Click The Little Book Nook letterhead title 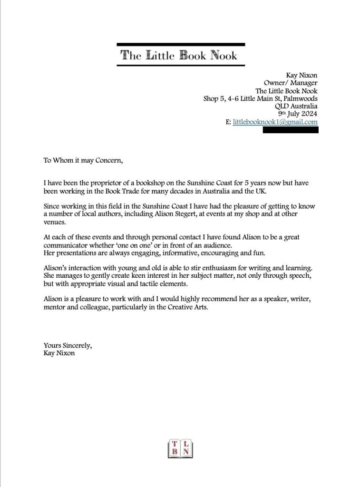pyautogui.click(x=179, y=55)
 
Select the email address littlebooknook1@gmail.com pyautogui.click(x=275, y=122)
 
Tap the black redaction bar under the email pyautogui.click(x=291, y=130)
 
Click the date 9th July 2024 pyautogui.click(x=298, y=114)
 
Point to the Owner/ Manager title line pyautogui.click(x=291, y=83)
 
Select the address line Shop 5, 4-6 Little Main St pyautogui.click(x=261, y=98)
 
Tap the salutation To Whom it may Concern pyautogui.click(x=83, y=160)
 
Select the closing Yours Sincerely pyautogui.click(x=68, y=345)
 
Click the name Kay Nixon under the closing pyautogui.click(x=59, y=353)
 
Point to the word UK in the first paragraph pyautogui.click(x=261, y=191)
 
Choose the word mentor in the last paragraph pyautogui.click(x=55, y=307)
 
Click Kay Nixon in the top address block pyautogui.click(x=302, y=75)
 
